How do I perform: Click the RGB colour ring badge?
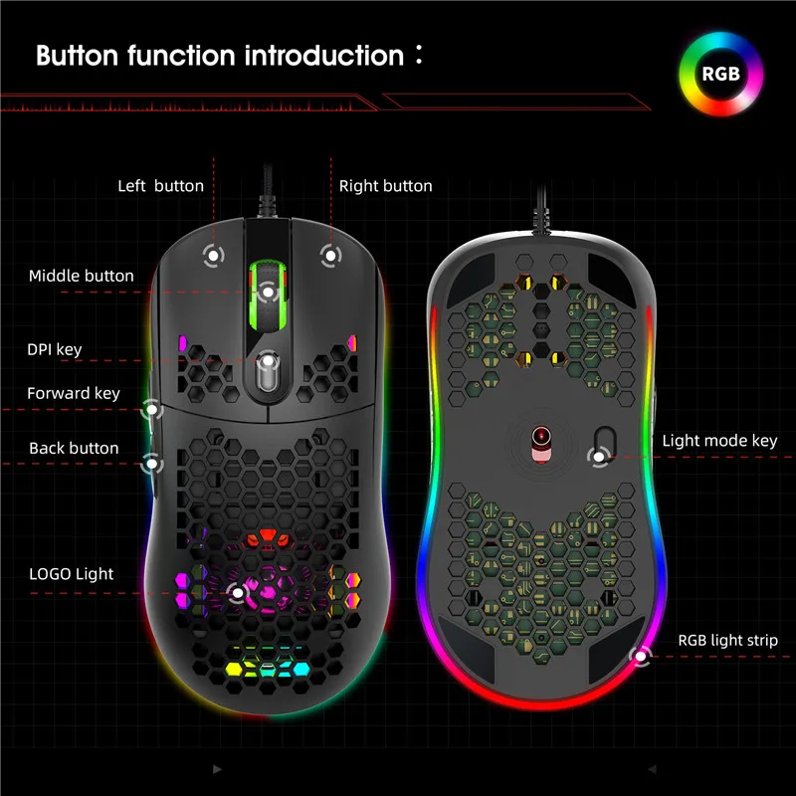coord(720,72)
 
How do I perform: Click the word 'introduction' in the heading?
coord(322,55)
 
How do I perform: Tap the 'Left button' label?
coord(160,186)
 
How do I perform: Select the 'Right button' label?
coord(386,186)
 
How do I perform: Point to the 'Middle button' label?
coord(82,276)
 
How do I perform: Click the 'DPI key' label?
coord(55,349)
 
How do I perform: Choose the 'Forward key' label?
coord(74,394)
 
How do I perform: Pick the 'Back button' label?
coord(74,449)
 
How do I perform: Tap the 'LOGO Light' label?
coord(71,574)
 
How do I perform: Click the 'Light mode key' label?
coord(720,441)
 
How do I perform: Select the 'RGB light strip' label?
coord(728,641)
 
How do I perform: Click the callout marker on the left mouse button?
coord(211,256)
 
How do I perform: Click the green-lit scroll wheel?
coord(267,289)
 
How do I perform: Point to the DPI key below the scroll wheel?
coord(267,373)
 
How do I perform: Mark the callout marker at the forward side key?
coord(152,408)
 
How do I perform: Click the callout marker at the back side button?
coord(152,462)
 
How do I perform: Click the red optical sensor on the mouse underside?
coord(539,436)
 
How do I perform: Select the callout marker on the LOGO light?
coord(237,594)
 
